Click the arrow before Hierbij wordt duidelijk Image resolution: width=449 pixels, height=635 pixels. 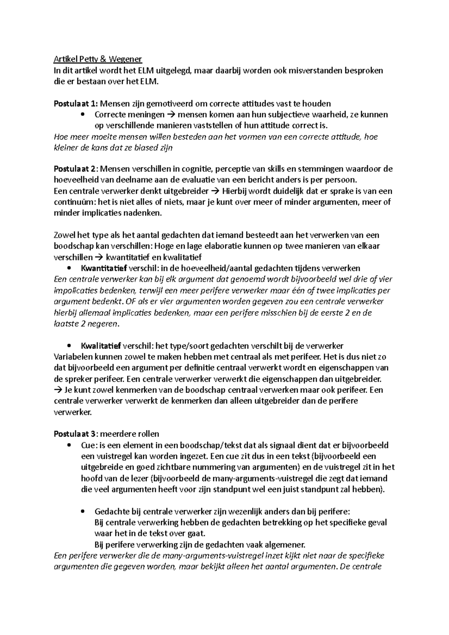[x=215, y=191]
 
